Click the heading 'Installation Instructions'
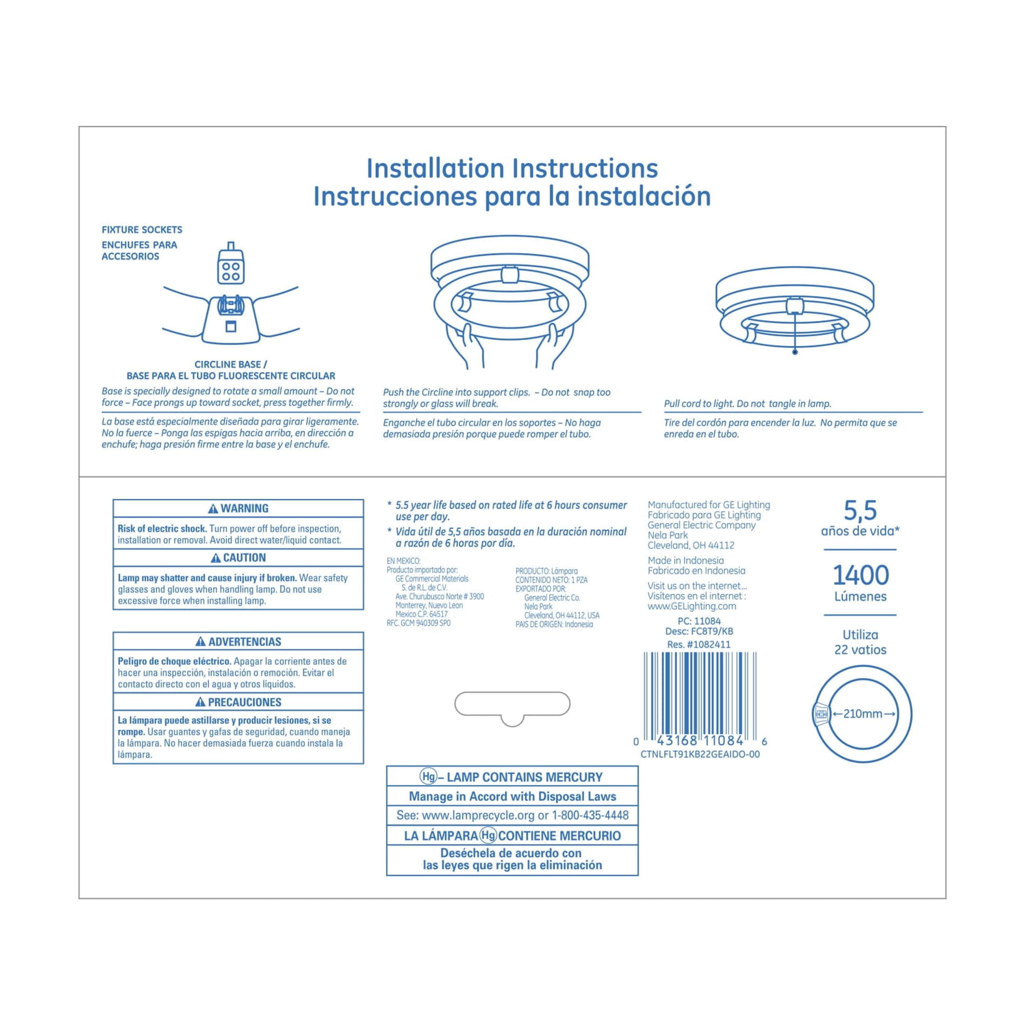[512, 169]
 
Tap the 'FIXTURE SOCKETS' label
[142, 230]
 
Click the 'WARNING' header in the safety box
[238, 508]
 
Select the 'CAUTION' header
[238, 558]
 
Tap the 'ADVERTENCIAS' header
[238, 642]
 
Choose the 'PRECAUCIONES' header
[238, 702]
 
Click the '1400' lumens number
[860, 575]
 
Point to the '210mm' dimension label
[863, 714]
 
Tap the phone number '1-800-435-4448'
[590, 815]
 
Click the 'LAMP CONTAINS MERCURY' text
[524, 777]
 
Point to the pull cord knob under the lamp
[795, 352]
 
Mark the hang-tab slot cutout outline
[512, 704]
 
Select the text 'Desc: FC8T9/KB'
[699, 631]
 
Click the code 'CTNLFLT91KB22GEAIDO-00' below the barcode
[700, 754]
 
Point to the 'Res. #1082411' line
[699, 645]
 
